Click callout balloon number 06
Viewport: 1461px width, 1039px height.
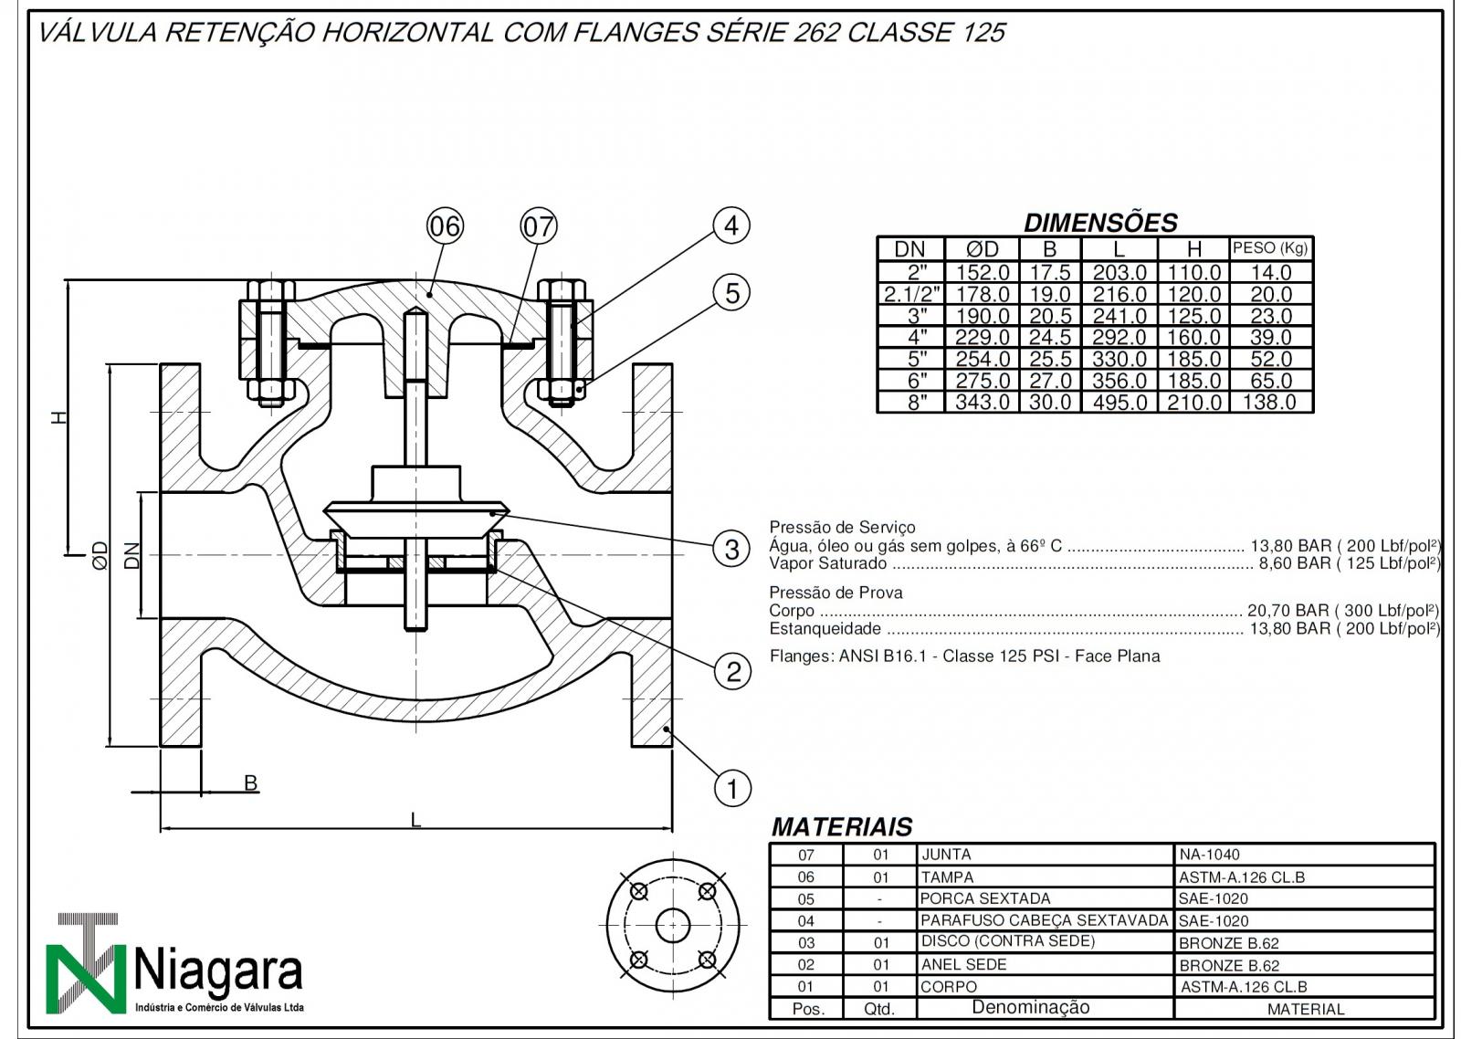coord(445,226)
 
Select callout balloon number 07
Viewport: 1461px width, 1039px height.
coord(539,226)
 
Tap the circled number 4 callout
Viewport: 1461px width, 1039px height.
coord(731,226)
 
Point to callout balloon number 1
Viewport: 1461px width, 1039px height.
coord(731,788)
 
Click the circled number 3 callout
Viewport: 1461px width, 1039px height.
coord(731,550)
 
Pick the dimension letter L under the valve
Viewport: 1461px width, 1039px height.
coord(415,820)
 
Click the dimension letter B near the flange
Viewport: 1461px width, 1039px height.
coord(250,782)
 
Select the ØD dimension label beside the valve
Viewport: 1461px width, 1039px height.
coord(100,554)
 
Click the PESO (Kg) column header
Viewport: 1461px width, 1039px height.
coord(1270,247)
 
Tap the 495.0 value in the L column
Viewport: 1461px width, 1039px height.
coord(1119,403)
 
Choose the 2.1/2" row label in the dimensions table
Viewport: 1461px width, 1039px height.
coord(911,294)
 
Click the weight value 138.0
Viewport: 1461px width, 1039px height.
coord(1270,403)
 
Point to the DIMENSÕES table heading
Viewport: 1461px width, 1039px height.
coord(1100,223)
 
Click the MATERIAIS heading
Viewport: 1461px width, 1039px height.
coord(842,827)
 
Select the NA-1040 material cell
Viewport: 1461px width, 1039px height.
coord(1209,855)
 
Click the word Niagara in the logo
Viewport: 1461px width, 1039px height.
coord(219,971)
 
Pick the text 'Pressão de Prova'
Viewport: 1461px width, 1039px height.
coord(836,593)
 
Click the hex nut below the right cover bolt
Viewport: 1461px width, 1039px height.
coord(561,391)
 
